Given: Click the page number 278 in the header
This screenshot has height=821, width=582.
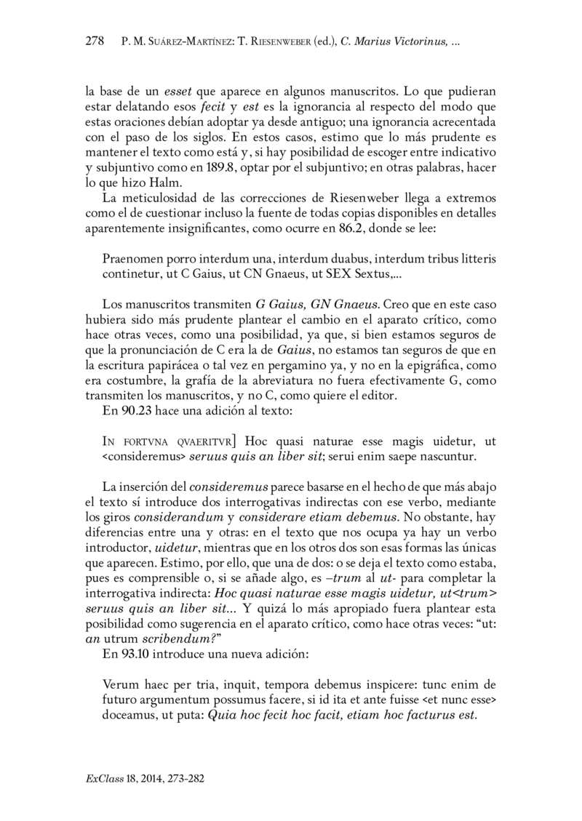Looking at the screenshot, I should (95, 42).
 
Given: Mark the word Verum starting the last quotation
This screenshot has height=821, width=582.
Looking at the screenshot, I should (120, 684).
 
